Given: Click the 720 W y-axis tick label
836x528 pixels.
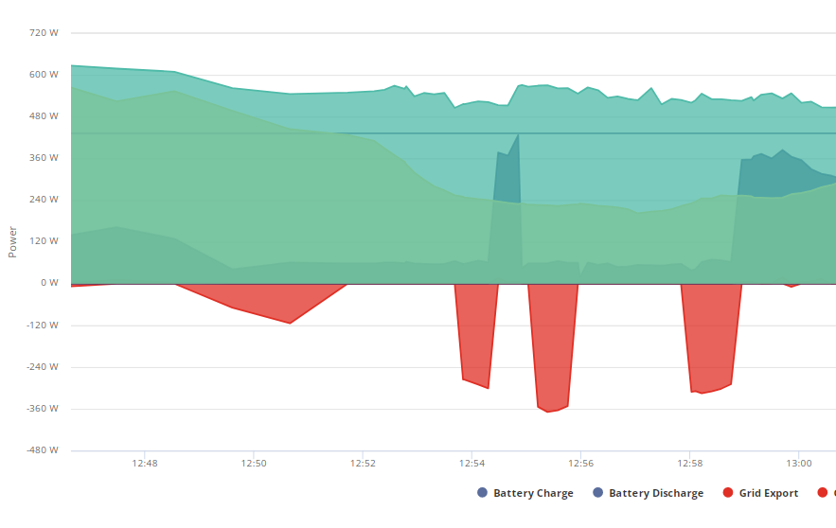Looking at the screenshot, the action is (x=44, y=33).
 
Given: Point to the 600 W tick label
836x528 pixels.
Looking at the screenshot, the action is (x=44, y=75).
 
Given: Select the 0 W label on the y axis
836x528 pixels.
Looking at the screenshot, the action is (x=49, y=283).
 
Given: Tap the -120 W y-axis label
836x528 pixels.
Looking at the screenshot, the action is (x=43, y=325).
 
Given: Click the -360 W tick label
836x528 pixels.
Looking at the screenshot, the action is (x=43, y=409).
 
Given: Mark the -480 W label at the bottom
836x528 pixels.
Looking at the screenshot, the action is (x=43, y=450).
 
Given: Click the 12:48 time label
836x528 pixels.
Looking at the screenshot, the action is (x=145, y=464).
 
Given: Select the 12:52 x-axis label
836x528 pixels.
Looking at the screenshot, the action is (x=363, y=464).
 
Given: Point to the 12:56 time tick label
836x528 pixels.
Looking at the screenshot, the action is (x=580, y=464).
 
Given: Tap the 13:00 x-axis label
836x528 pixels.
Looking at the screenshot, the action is (x=799, y=464).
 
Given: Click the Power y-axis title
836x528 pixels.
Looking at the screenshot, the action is (x=13, y=242).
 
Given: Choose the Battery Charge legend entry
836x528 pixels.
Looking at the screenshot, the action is (x=525, y=493).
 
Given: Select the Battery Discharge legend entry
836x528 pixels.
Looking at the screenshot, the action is (x=648, y=493).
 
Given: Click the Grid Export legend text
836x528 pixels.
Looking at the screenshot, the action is (x=768, y=493).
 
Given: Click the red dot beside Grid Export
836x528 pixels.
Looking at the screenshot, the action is (x=728, y=493).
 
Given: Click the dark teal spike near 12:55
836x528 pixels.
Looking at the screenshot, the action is (x=507, y=176).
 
